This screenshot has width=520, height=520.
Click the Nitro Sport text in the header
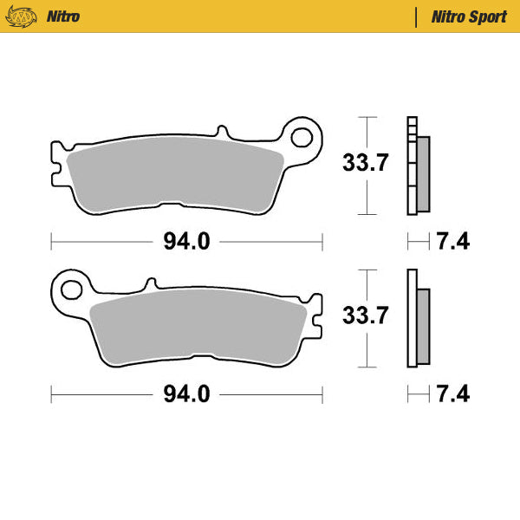pyautogui.click(x=469, y=16)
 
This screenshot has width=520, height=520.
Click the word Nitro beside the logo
pyautogui.click(x=65, y=16)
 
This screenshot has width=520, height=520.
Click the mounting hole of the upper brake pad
pyautogui.click(x=302, y=136)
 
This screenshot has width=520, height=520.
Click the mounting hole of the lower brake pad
pyautogui.click(x=71, y=288)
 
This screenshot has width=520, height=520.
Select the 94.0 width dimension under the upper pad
pyautogui.click(x=186, y=242)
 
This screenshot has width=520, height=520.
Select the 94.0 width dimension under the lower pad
pyautogui.click(x=186, y=394)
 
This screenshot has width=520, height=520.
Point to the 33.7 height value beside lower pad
pyautogui.click(x=364, y=316)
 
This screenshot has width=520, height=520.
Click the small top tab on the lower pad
pyautogui.click(x=151, y=283)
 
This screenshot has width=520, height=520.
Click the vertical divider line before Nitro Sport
pyautogui.click(x=417, y=16)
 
